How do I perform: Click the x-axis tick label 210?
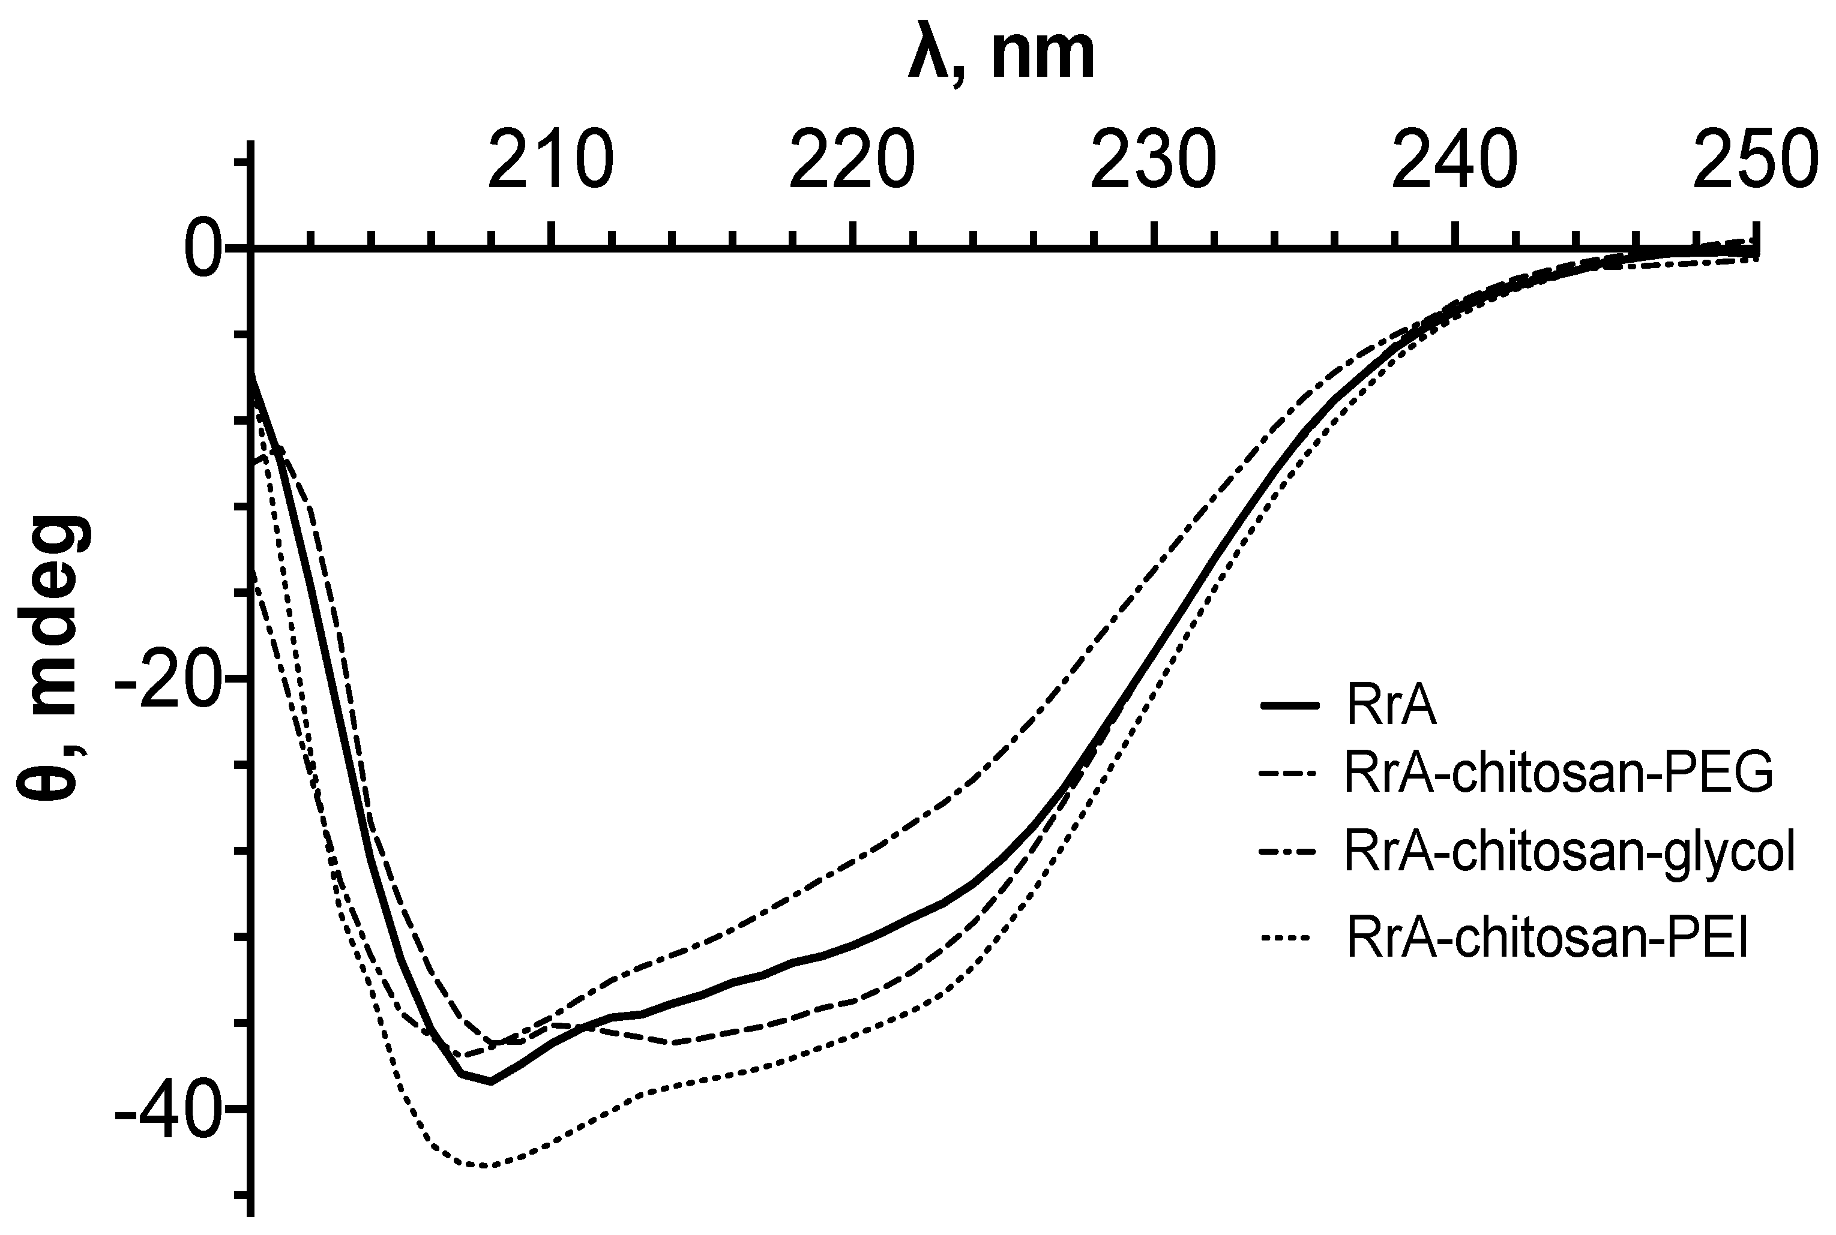click(551, 161)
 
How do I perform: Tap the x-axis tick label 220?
click(853, 161)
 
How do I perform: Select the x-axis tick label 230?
click(1154, 161)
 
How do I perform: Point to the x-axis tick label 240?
click(1455, 161)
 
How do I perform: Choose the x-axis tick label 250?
click(1756, 161)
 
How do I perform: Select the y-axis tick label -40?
click(167, 1109)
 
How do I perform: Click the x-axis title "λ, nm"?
click(1001, 57)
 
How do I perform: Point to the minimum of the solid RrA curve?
click(491, 1081)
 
